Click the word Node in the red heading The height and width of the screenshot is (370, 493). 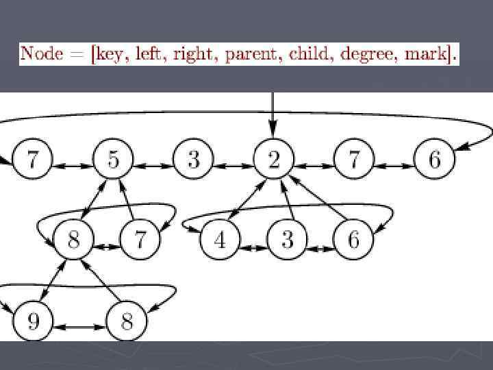pos(43,53)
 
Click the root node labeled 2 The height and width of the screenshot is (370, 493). pos(274,160)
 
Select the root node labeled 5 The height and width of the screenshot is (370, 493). pos(113,160)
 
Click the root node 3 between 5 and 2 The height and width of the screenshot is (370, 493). pos(193,160)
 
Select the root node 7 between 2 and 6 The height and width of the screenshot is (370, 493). pos(354,160)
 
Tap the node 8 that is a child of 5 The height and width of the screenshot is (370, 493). pos(73,241)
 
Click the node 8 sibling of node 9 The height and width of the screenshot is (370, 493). pos(126,319)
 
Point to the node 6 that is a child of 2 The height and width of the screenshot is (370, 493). pos(354,241)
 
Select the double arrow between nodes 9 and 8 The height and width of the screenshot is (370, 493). pos(79,327)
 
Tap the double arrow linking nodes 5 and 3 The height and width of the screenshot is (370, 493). pos(153,166)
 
